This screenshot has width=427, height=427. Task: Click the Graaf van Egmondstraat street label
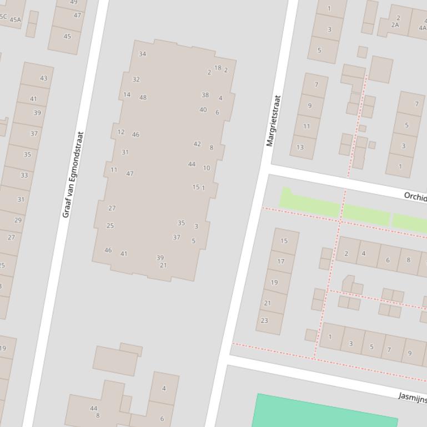[x=73, y=174]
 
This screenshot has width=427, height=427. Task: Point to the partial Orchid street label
[x=415, y=196]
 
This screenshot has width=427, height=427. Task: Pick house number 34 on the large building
[x=143, y=54]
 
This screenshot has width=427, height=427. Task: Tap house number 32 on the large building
[x=136, y=80]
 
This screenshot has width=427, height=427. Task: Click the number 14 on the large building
[x=127, y=95]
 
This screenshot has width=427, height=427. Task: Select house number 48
[x=143, y=98]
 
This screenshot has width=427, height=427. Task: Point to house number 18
[x=218, y=68]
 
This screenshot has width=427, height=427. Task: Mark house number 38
[x=205, y=95]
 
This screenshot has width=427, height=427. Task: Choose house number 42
[x=197, y=144]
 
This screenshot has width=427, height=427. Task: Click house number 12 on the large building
[x=121, y=132]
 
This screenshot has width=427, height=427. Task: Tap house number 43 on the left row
[x=43, y=78]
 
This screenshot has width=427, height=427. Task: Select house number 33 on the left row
[x=24, y=175]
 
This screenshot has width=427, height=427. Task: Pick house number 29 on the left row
[x=18, y=220]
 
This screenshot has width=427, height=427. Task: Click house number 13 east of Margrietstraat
[x=300, y=147]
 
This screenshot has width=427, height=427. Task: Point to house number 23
[x=264, y=321]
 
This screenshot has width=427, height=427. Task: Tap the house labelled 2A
[x=395, y=25]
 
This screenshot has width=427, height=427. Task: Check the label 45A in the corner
[x=15, y=19]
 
